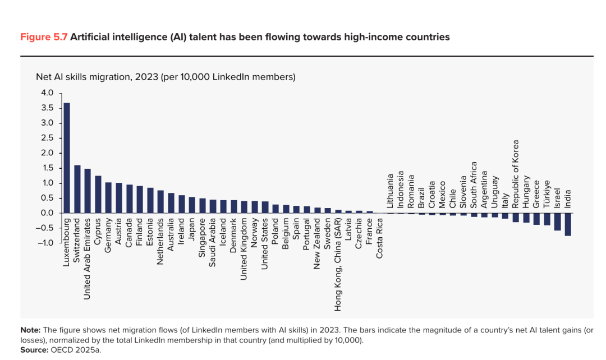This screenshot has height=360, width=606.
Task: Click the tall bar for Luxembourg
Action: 66,158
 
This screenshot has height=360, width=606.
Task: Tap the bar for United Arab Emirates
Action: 88,191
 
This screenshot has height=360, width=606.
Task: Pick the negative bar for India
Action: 568,224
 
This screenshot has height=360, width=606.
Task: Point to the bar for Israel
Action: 557,221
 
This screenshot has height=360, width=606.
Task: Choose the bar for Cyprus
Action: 98,194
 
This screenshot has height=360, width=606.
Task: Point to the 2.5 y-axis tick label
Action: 47,138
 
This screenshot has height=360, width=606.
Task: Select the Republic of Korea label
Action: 515,174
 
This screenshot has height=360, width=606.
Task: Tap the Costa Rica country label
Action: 379,238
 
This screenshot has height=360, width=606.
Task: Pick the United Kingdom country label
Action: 244,249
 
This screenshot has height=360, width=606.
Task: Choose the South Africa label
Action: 474,185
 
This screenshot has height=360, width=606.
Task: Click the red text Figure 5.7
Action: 44,37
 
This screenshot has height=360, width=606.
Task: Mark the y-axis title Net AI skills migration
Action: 84,77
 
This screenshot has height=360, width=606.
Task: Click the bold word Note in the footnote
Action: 30,330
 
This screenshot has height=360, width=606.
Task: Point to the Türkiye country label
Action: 547,194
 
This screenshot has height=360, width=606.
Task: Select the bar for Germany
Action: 109,198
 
